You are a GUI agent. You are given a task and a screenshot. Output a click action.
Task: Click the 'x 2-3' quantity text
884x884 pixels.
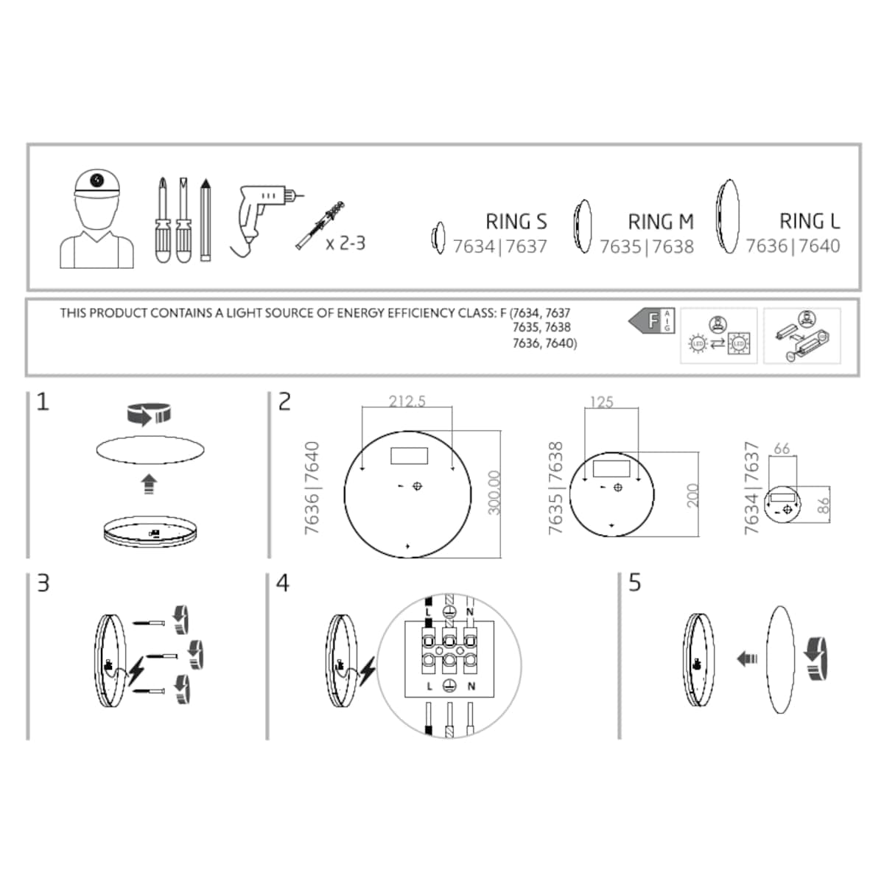coord(345,242)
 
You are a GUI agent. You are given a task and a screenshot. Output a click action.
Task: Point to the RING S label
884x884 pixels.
coord(516,221)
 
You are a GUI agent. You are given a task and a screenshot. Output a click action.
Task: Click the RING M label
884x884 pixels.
coord(660,221)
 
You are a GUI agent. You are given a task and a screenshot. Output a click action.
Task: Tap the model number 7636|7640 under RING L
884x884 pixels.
coord(793,245)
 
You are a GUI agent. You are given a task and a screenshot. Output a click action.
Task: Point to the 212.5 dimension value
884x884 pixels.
coord(407,401)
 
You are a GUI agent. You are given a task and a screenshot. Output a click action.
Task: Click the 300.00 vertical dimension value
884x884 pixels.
coord(494,493)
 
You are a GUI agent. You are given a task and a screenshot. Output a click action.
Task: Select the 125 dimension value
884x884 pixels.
coord(601,402)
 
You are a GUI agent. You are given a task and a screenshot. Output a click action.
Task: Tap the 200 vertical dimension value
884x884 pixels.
coord(692,496)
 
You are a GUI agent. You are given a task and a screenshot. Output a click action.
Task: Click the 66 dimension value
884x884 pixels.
coord(782,448)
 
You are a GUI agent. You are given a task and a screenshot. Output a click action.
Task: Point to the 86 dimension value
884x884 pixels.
coord(824,505)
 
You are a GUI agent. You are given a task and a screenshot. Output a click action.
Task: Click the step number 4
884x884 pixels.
coord(283,583)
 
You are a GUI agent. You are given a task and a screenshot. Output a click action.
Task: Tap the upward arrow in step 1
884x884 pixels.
coord(150,484)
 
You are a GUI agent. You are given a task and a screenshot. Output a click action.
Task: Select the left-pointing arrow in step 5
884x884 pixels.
coord(747,657)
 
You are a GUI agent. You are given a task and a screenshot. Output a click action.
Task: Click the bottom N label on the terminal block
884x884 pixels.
coord(471,686)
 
